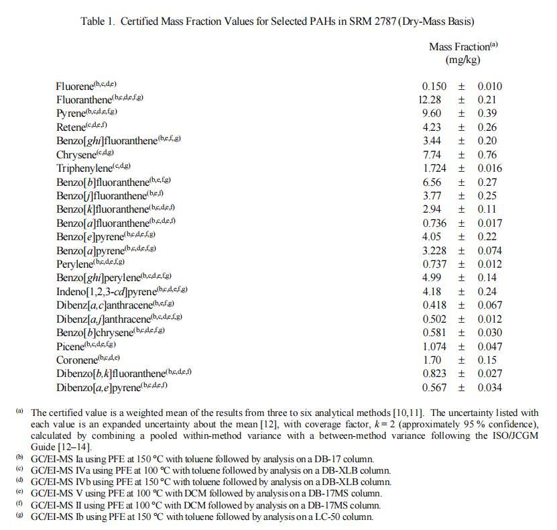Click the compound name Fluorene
74,87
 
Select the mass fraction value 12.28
431,100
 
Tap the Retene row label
71,127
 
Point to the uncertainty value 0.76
489,155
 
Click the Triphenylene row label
82,168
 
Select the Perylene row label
74,264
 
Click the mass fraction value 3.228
434,251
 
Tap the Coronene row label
77,360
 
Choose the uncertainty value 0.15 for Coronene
489,360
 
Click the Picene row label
70,347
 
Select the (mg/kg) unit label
463,60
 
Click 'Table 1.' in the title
98,21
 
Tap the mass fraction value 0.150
434,87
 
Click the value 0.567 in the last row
434,388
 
